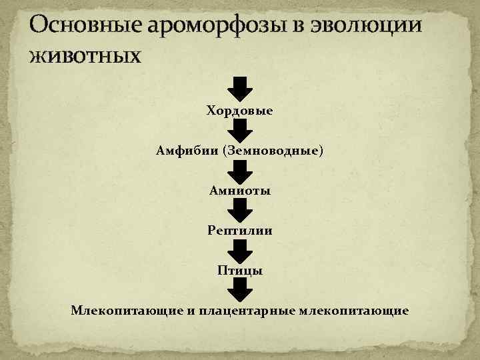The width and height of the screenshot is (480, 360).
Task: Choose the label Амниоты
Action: [x=239, y=191]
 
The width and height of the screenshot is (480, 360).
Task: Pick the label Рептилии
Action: [x=239, y=231]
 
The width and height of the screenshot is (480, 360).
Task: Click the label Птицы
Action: [x=239, y=271]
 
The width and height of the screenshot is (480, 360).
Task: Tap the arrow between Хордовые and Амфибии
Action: [x=240, y=129]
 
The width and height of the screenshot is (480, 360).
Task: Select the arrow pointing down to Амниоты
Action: [x=240, y=170]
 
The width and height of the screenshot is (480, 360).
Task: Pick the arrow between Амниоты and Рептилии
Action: [x=240, y=210]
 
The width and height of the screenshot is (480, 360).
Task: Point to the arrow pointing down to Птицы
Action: [x=240, y=250]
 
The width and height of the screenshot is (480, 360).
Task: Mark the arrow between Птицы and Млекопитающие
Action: [x=240, y=289]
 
